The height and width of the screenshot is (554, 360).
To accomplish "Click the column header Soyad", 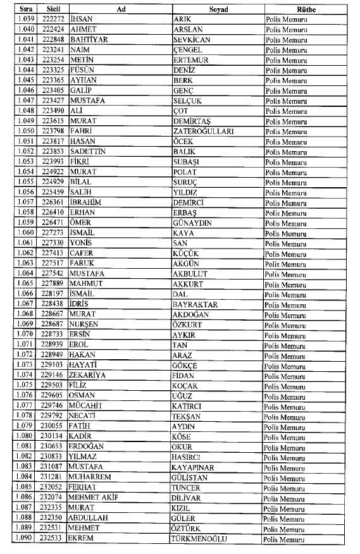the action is point(218,9).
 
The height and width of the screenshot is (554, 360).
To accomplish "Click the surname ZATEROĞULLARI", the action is point(203,131).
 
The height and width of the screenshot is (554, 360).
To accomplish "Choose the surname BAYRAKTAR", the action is point(196,304).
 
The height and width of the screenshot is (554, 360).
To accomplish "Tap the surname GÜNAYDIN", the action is point(195,223).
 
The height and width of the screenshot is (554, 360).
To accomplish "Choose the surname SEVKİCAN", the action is point(192,39).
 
